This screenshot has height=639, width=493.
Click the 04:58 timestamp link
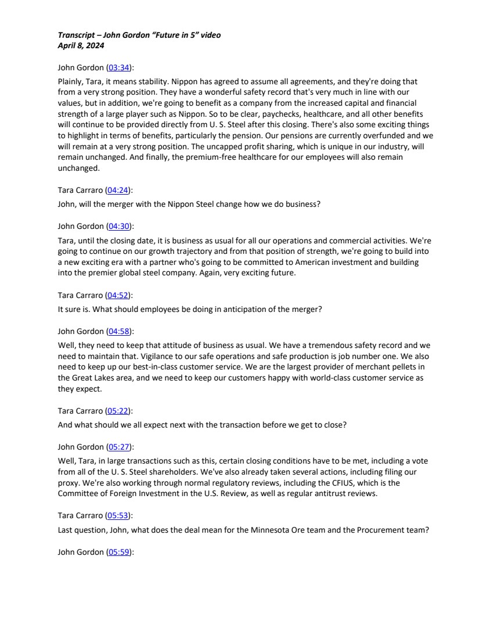[x=118, y=331]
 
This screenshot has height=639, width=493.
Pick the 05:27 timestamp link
[x=118, y=447]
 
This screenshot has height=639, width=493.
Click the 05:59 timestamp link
[x=118, y=552]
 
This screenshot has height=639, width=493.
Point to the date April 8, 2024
[x=81, y=44]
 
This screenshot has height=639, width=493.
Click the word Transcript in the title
[x=77, y=35]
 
